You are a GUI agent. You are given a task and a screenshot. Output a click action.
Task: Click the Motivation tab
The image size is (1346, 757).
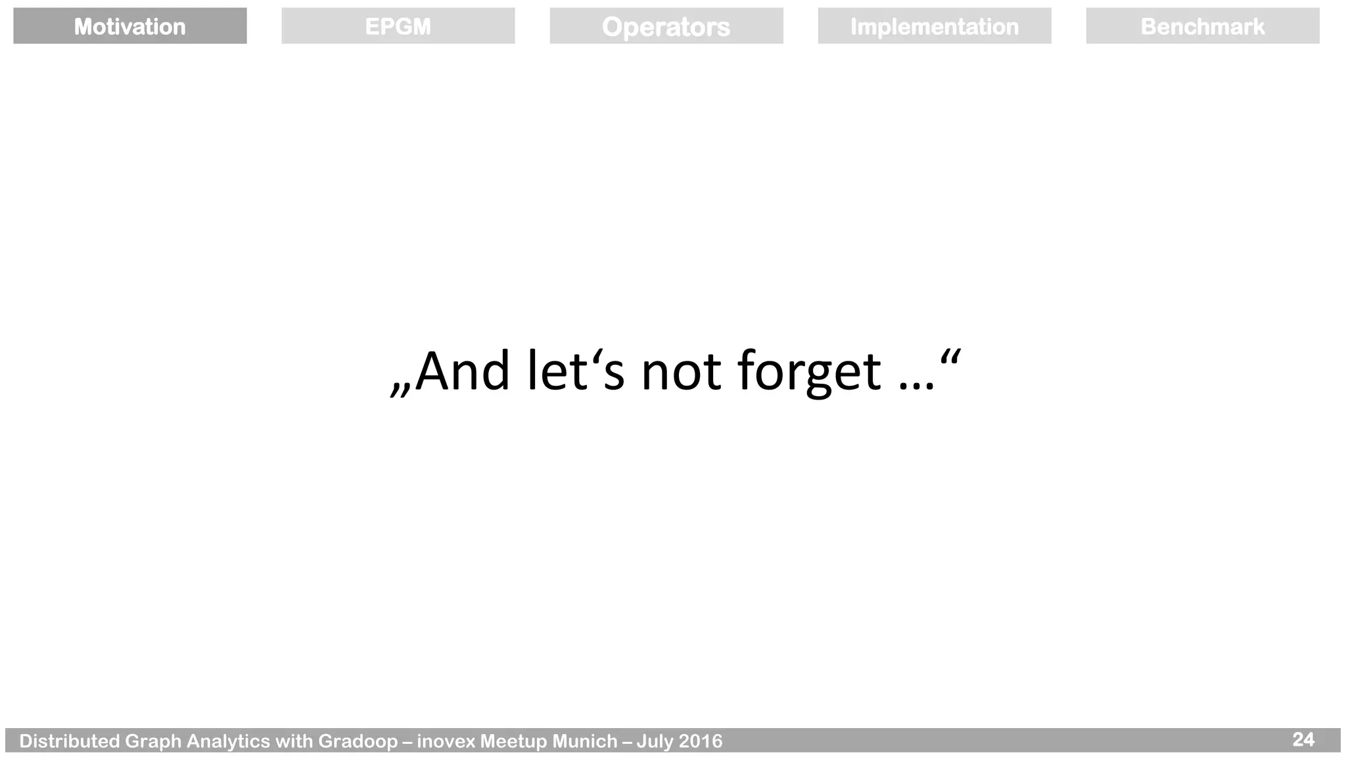(x=129, y=26)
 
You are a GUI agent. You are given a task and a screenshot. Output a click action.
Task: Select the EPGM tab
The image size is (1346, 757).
(x=398, y=26)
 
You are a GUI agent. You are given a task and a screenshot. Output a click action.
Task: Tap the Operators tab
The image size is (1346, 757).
(x=666, y=26)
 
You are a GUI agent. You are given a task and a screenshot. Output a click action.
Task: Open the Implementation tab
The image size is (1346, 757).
(x=934, y=26)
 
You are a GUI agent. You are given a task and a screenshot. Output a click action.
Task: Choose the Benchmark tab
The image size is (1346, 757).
(x=1202, y=26)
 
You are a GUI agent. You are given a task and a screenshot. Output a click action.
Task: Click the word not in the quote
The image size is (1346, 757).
(x=681, y=373)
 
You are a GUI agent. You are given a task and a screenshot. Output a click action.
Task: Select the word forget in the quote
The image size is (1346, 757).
(x=809, y=373)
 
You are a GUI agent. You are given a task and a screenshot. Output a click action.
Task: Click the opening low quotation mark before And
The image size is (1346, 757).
(x=400, y=390)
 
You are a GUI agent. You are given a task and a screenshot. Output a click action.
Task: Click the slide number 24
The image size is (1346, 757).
(x=1303, y=739)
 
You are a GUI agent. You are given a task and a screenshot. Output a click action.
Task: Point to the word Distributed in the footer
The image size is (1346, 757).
(x=69, y=741)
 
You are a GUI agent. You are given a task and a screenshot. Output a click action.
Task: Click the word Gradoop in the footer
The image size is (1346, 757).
(x=358, y=741)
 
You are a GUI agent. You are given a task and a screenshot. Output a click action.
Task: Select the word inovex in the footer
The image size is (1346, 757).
(x=446, y=741)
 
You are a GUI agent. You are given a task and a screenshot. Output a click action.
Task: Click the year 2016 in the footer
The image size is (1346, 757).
(x=700, y=741)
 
